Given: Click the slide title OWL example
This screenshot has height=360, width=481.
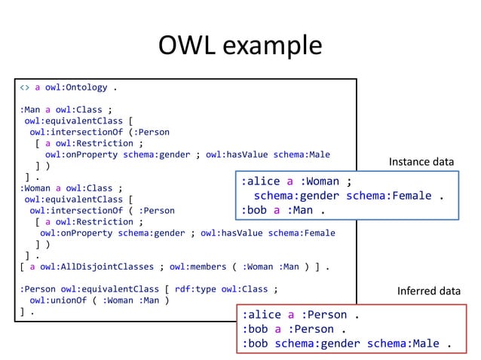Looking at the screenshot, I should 240,45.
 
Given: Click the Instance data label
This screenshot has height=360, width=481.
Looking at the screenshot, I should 421,162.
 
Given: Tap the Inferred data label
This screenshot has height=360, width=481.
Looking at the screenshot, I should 428,291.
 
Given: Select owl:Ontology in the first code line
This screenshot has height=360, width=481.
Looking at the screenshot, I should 76,87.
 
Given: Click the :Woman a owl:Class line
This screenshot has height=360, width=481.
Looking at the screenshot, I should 71,188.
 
